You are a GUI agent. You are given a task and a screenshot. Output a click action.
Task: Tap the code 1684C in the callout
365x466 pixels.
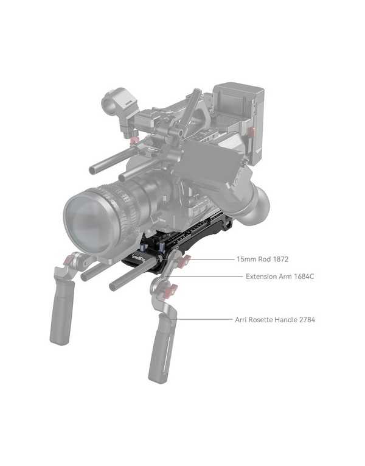tap(304, 277)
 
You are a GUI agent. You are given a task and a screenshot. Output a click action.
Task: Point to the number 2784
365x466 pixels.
tap(307, 320)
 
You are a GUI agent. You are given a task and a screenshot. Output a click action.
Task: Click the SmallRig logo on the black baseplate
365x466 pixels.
tap(138, 258)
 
